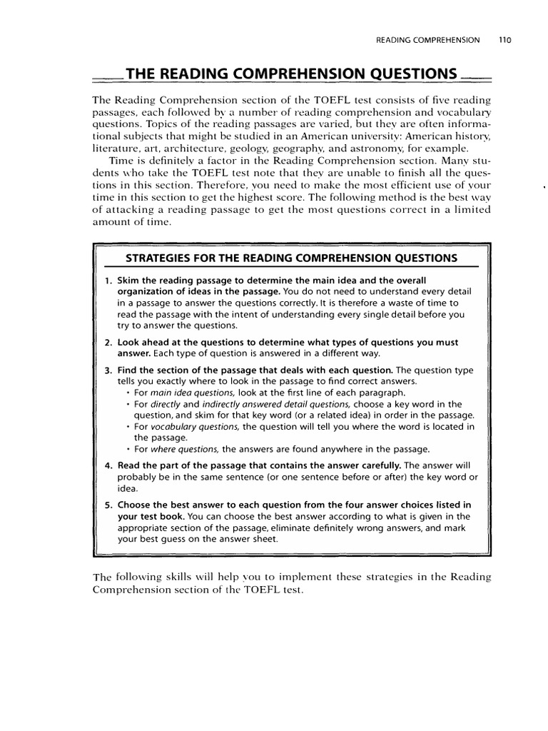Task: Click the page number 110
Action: tap(506, 41)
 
